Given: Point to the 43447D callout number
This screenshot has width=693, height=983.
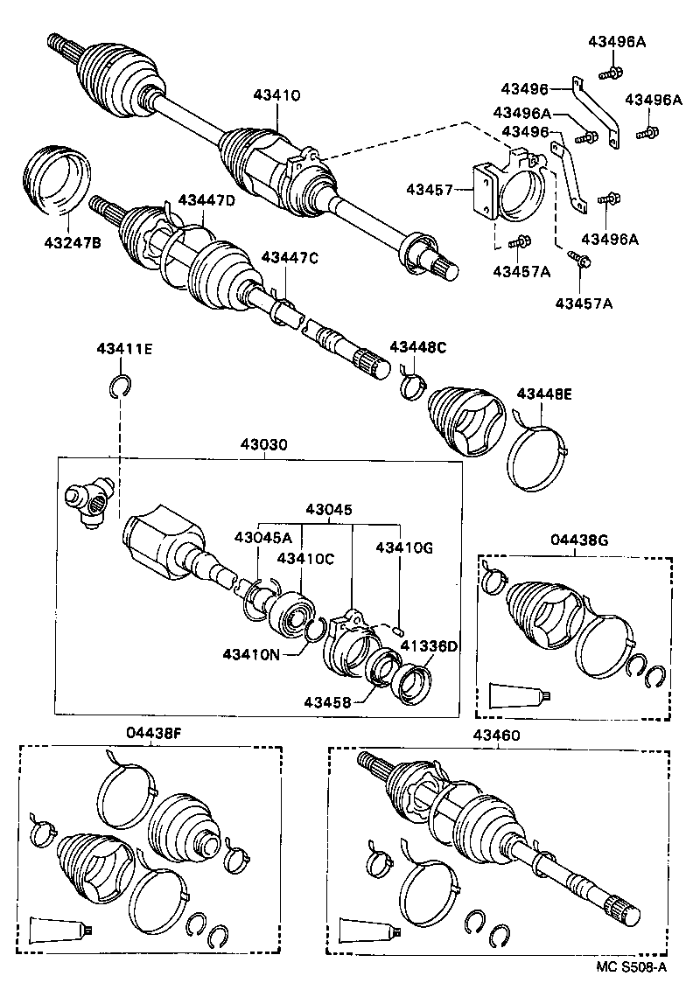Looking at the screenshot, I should pyautogui.click(x=206, y=200).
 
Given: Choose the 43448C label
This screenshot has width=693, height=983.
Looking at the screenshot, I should pyautogui.click(x=417, y=347).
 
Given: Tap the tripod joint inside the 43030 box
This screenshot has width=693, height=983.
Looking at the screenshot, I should pyautogui.click(x=88, y=504).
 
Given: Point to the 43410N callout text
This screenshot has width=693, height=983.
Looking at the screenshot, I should pyautogui.click(x=251, y=653).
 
